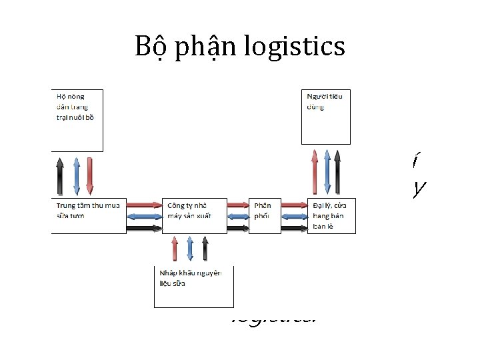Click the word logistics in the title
coord(294,47)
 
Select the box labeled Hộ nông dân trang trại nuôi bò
coord(77,119)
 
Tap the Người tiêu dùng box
coord(325,117)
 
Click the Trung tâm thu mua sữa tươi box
coord(89,215)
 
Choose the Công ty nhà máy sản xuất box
coord(193,215)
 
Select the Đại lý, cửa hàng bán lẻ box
coord(331,215)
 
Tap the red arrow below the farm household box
coord(90,175)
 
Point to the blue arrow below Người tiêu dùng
coord(326,171)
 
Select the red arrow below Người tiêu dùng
coord(315,171)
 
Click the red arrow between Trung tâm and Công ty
coord(143,203)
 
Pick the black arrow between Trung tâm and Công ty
coord(143,227)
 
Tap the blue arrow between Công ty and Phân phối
coord(238,215)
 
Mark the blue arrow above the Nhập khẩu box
coord(190,248)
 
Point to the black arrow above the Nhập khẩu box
coord(205,248)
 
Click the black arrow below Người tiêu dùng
coord(337,171)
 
